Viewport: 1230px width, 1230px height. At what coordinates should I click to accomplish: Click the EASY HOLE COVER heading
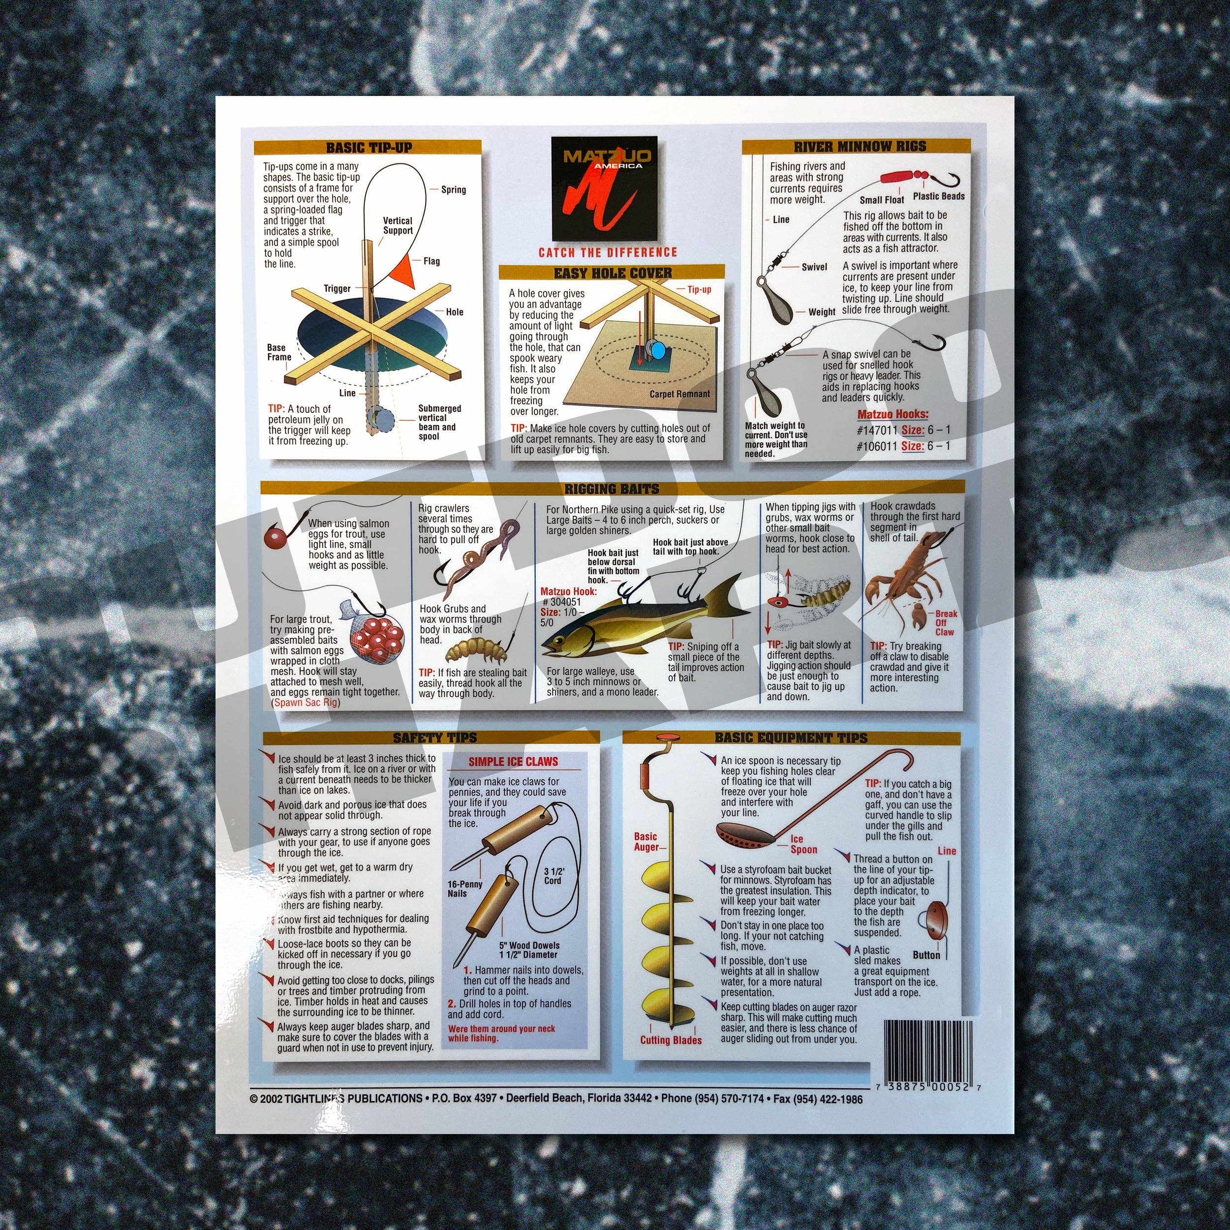613,273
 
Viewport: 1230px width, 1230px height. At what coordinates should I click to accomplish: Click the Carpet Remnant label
679,394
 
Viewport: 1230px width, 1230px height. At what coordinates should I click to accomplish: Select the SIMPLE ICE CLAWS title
513,762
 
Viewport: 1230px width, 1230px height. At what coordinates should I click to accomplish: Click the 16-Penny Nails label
465,889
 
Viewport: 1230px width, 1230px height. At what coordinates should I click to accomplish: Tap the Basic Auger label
646,842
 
